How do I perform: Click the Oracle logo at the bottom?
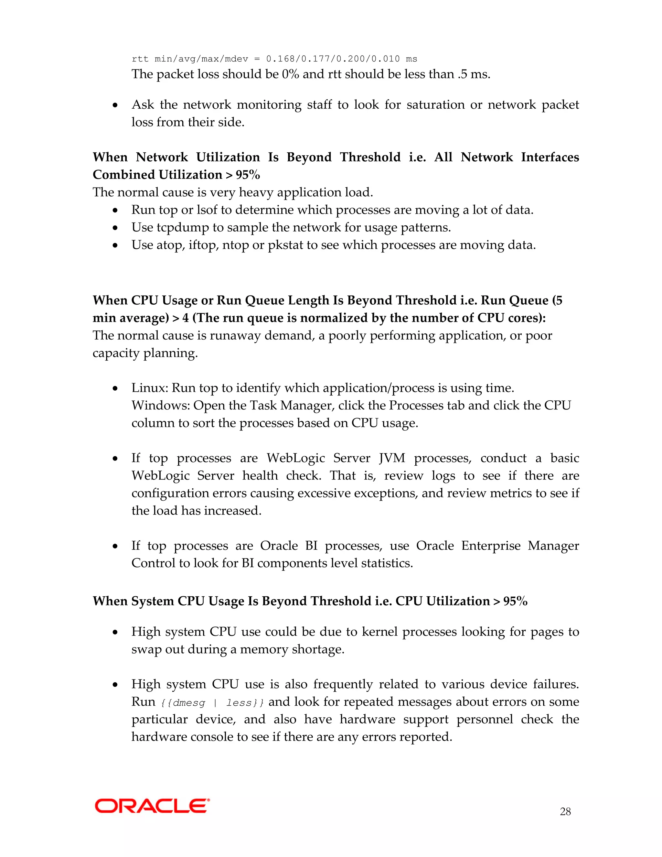[152, 806]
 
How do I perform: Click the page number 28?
[565, 811]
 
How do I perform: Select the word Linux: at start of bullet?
[150, 388]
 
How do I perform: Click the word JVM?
[392, 458]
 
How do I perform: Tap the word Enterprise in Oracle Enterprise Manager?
[490, 546]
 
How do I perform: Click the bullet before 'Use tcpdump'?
[115, 228]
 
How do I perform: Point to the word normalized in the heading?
[333, 318]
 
